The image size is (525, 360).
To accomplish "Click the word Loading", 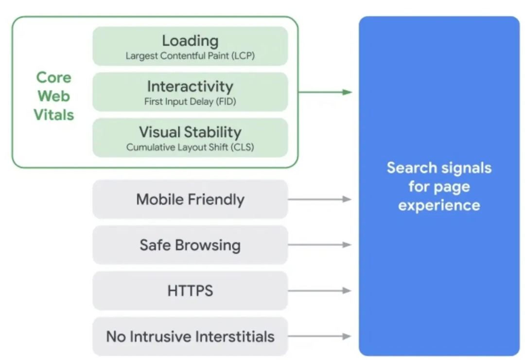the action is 190,41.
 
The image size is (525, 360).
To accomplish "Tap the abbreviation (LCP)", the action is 243,55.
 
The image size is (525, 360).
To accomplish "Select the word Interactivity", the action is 190,87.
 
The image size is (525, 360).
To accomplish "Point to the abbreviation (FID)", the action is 226,101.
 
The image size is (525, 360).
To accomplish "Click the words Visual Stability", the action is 190,132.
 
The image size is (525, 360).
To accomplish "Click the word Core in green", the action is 53,77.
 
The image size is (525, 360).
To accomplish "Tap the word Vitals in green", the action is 53,115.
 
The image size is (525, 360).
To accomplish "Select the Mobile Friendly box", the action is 190,199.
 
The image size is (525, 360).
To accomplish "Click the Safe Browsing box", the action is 190,245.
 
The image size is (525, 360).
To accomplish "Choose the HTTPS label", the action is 190,290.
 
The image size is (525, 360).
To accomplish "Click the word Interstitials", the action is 235,337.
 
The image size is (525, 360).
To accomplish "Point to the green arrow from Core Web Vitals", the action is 325,92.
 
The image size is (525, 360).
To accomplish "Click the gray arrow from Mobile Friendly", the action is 320,199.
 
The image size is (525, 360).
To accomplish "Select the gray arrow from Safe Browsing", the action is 320,245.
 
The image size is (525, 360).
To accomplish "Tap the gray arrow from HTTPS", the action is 320,290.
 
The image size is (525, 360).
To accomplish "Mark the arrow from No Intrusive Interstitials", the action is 320,336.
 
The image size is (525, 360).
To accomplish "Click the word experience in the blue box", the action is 439,205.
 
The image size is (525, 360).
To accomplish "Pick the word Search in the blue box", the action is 412,168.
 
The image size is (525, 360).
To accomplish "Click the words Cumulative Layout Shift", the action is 177,147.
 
